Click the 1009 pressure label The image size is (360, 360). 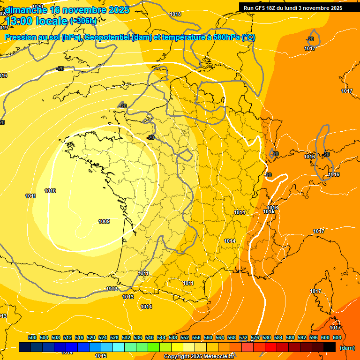pos(104,221)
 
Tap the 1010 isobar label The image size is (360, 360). pos(50,191)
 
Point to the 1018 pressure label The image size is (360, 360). pos(175,14)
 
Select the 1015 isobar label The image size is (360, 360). pos(101,356)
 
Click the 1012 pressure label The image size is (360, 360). pos(112,289)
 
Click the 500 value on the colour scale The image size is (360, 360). pos(32,337)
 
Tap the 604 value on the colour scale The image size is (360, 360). pos(337,337)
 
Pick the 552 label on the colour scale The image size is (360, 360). pos(185,337)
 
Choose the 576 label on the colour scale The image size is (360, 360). pos(255,337)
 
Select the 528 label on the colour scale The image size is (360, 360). pos(114,337)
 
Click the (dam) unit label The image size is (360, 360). pos(347,348)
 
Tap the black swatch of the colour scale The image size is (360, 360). pos(330,347)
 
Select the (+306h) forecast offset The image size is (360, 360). pos(83,21)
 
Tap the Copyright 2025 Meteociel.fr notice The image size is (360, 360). pos(199,356)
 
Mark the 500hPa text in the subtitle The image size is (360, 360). pos(224,37)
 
